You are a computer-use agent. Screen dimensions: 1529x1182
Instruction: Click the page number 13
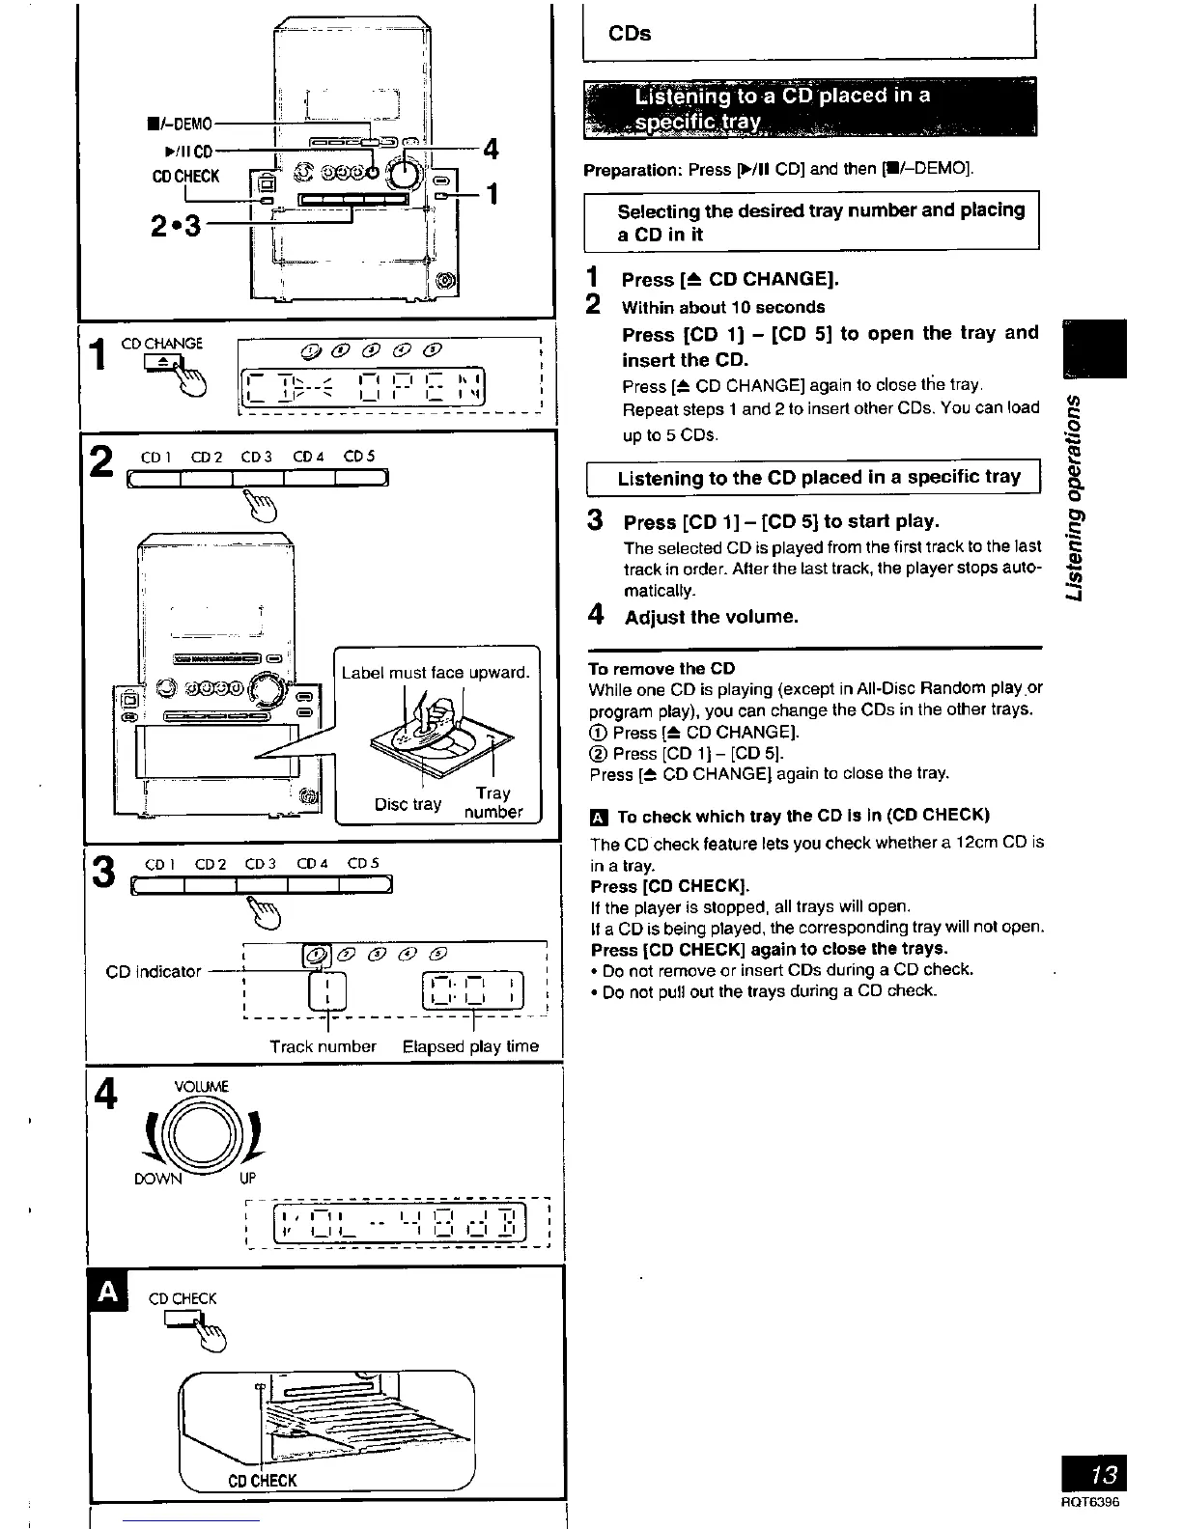point(1103,1475)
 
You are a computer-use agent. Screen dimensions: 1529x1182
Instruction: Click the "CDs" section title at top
point(630,34)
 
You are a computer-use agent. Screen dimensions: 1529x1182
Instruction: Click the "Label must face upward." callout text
point(436,672)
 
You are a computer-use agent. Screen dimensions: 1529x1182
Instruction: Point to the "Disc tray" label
point(408,804)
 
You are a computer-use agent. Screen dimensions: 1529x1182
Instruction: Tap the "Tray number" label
point(492,802)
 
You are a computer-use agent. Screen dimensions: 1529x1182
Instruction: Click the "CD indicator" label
point(154,971)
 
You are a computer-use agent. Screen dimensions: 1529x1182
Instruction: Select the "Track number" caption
point(323,1046)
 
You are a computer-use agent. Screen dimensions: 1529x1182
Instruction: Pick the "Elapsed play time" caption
point(470,1046)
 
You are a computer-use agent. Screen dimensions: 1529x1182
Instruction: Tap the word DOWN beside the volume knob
point(157,1179)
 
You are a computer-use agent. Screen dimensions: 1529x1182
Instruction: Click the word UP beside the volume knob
point(247,1179)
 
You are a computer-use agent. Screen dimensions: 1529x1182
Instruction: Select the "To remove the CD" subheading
point(661,668)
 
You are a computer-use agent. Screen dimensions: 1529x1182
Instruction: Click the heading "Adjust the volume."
point(711,617)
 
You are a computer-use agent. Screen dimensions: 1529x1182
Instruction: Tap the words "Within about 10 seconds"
point(723,308)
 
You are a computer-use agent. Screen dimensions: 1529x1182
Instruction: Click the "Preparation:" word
point(633,170)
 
